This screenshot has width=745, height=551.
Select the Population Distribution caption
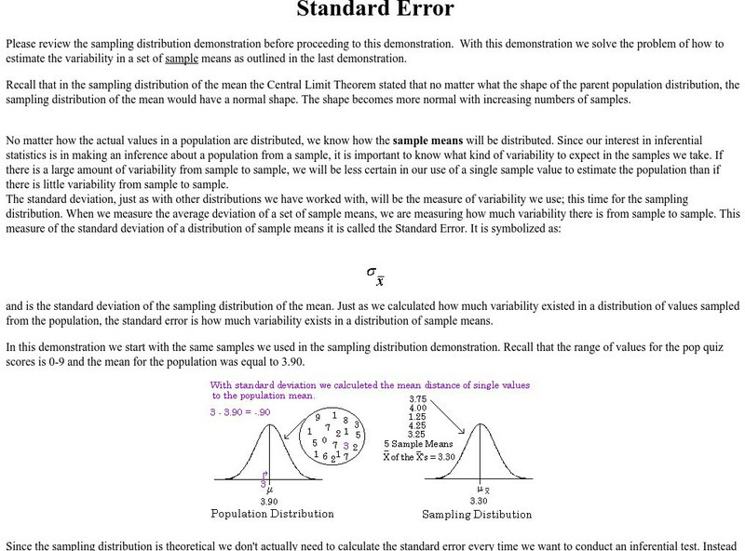pyautogui.click(x=273, y=514)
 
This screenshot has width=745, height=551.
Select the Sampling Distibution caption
pyautogui.click(x=478, y=514)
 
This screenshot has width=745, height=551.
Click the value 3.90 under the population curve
pyautogui.click(x=268, y=501)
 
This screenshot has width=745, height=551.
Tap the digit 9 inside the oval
pyautogui.click(x=318, y=418)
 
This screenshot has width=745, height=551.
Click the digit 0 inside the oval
pyautogui.click(x=323, y=440)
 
